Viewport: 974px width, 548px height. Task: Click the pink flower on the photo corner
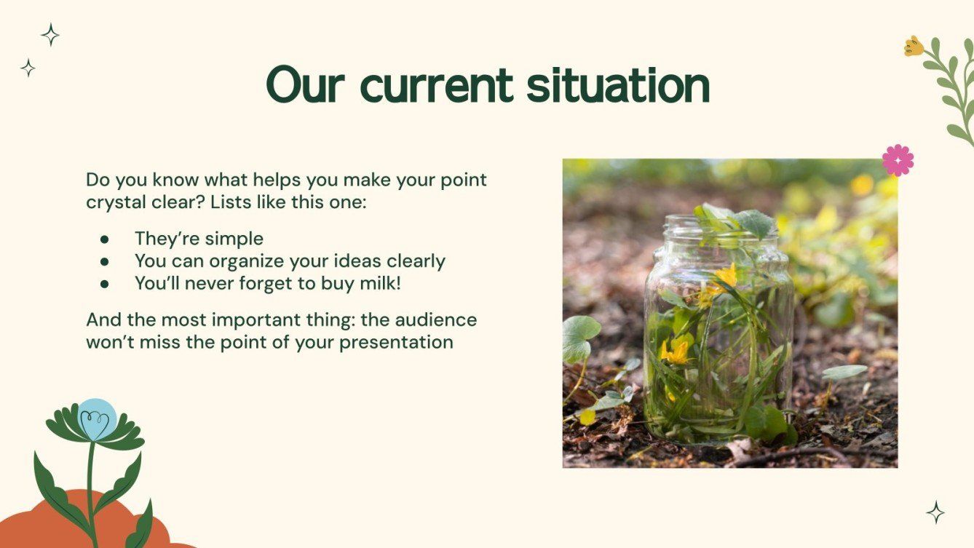click(898, 160)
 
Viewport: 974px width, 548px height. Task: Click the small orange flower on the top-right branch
click(913, 47)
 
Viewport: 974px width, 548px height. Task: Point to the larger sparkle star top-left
click(50, 35)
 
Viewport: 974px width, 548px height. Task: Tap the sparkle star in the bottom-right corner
click(935, 512)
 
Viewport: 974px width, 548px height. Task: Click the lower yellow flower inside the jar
click(676, 352)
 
